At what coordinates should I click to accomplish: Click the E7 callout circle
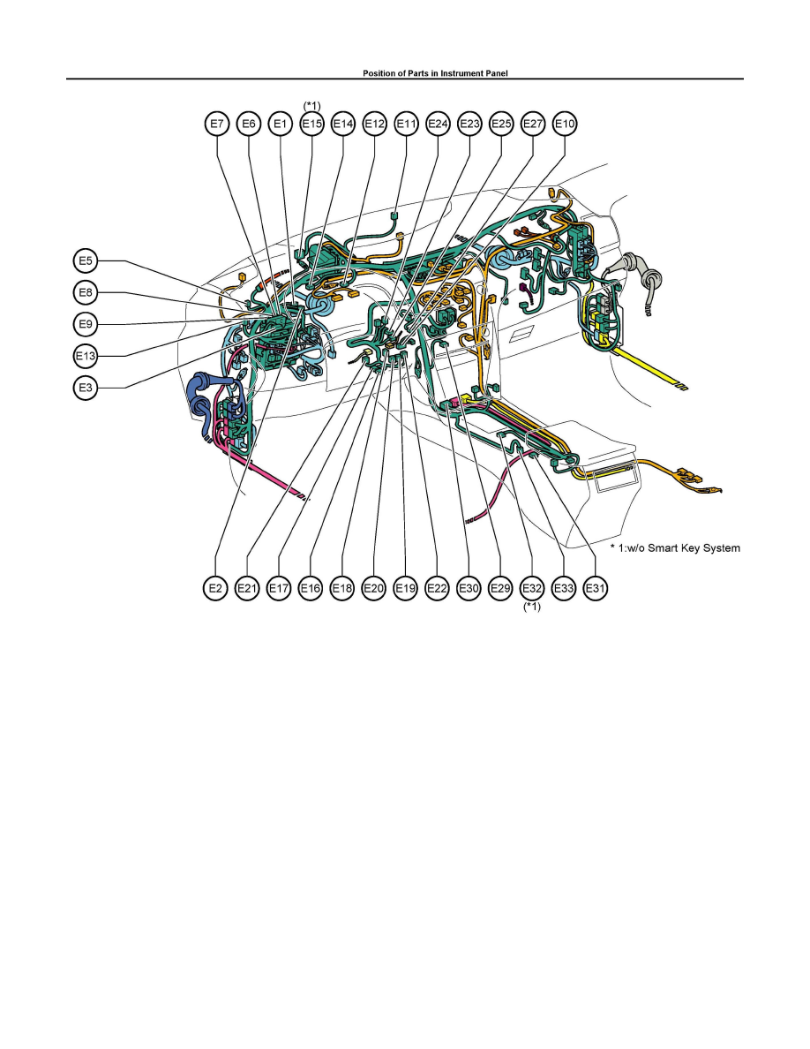216,125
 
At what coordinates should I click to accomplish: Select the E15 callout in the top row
311,125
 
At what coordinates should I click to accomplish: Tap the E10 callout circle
565,125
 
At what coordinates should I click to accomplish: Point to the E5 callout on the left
86,261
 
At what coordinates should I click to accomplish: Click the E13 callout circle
86,357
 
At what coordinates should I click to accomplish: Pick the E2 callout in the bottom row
216,588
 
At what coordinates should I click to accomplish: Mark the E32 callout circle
531,588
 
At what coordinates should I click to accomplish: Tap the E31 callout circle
596,588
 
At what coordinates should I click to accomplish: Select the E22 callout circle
436,588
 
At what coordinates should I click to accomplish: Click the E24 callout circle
438,125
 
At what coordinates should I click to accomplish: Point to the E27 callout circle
533,125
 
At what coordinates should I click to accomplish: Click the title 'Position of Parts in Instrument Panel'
405,74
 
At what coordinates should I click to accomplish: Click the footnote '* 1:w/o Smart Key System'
675,548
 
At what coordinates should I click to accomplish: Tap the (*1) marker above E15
311,105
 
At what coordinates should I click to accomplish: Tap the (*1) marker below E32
531,608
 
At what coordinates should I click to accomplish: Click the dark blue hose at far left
199,397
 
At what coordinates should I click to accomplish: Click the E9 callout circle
86,325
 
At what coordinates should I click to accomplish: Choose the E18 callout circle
341,588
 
